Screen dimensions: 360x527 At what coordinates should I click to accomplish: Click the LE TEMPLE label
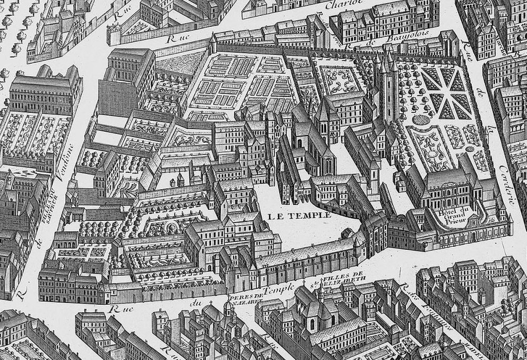[x=298, y=215]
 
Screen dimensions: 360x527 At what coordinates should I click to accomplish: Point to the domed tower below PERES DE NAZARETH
[x=228, y=311]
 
